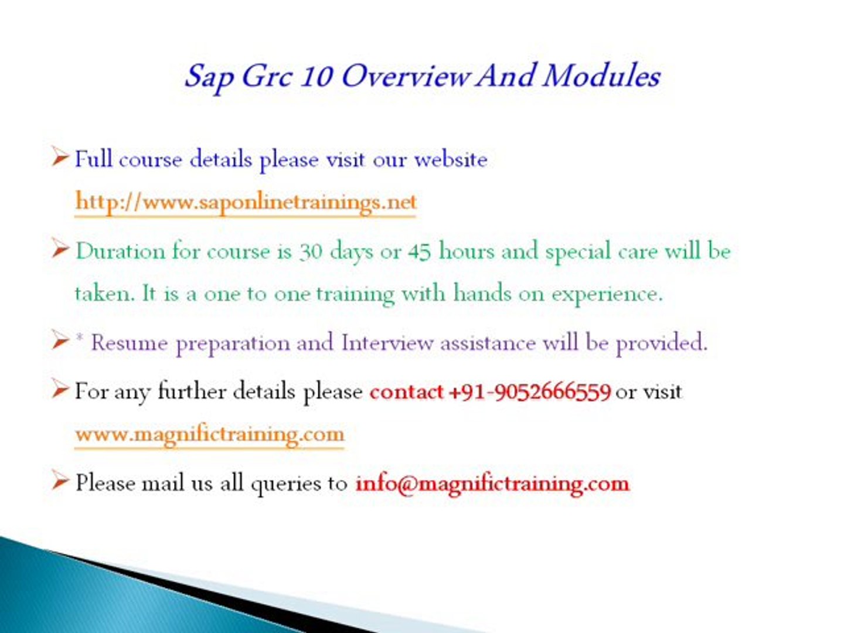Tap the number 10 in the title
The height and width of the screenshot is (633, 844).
pyautogui.click(x=316, y=76)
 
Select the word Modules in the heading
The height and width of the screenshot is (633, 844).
pyautogui.click(x=601, y=76)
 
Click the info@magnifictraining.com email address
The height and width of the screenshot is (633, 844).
pyautogui.click(x=492, y=484)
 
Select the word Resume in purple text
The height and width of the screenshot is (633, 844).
pyautogui.click(x=129, y=342)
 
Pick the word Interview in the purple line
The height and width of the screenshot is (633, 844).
pyautogui.click(x=387, y=342)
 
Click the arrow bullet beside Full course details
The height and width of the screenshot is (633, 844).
pyautogui.click(x=60, y=156)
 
